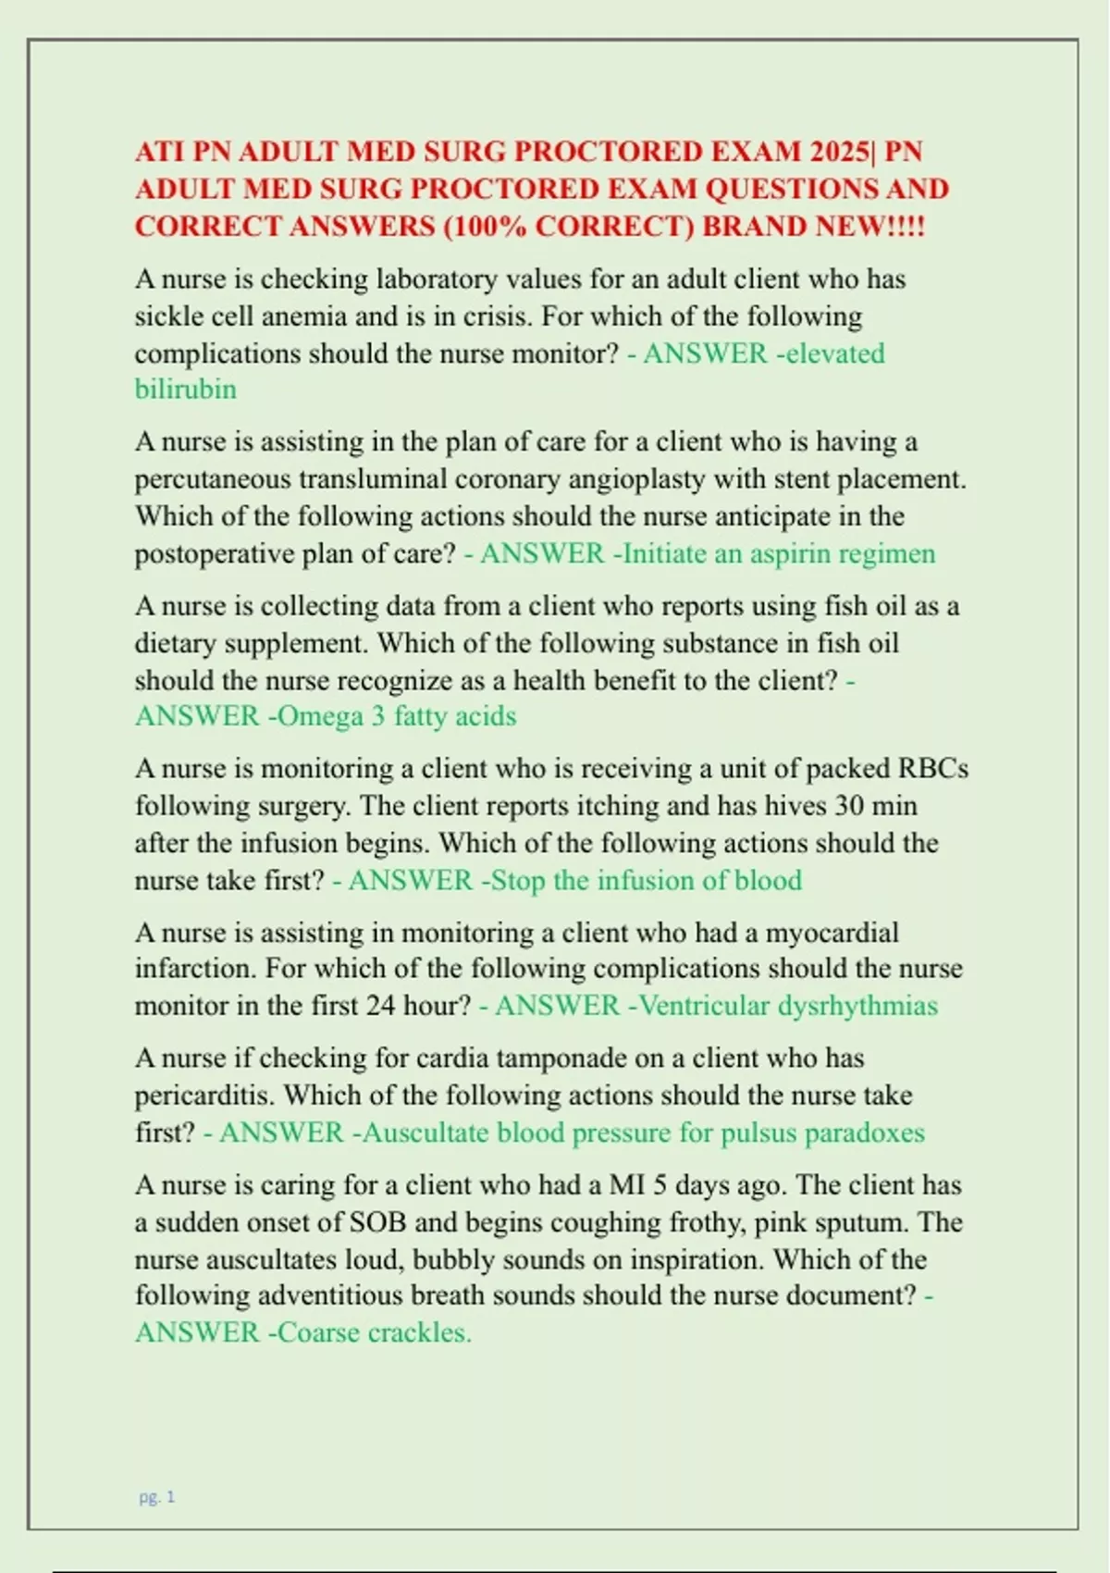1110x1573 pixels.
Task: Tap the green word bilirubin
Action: pyautogui.click(x=186, y=389)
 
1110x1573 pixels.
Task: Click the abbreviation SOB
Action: pyautogui.click(x=377, y=1222)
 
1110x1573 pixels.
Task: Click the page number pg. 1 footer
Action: pyautogui.click(x=156, y=1497)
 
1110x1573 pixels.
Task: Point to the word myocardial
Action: pyautogui.click(x=832, y=932)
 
